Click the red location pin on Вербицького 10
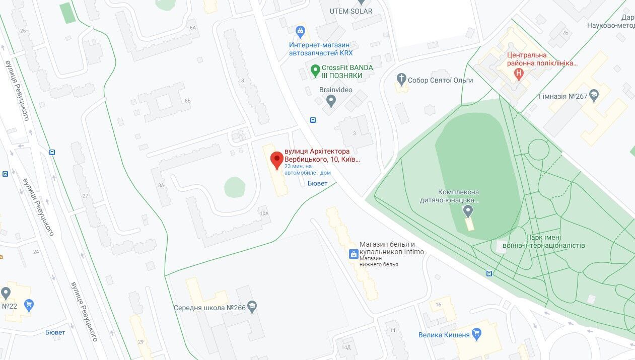276,160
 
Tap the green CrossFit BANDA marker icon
315,71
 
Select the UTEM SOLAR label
351,11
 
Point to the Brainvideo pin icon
331,101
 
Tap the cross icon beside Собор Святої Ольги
401,79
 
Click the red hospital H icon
519,74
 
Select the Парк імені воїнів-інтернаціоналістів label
555,242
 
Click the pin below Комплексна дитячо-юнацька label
468,210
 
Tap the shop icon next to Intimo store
354,254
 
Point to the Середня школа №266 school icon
252,307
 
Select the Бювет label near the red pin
317,184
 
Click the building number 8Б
188,101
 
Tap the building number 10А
264,213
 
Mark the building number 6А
192,28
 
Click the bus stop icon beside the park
489,273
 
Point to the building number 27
85,196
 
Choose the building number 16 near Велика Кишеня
439,305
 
